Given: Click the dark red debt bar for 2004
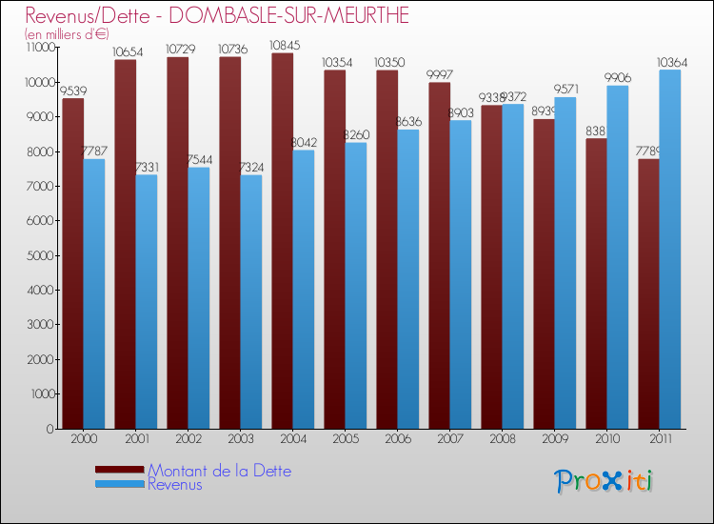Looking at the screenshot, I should [282, 238].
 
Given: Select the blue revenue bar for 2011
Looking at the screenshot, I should [669, 248].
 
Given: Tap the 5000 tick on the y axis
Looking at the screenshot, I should [39, 255].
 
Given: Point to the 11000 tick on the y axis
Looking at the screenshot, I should [37, 48].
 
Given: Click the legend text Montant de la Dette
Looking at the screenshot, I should [219, 471].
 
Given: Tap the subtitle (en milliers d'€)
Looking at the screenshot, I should [68, 34].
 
